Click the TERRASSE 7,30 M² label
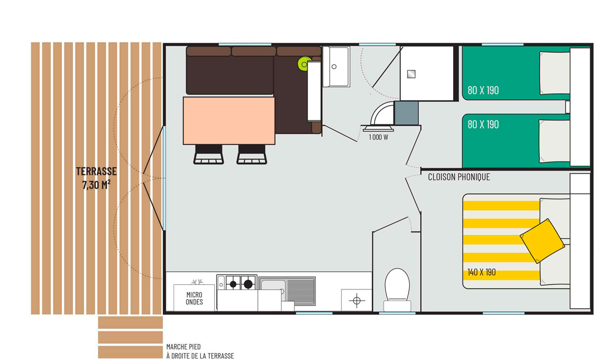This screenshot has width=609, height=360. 96,178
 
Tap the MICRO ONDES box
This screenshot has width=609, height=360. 194,298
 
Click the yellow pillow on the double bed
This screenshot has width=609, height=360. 542,241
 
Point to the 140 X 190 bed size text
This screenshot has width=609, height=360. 482,272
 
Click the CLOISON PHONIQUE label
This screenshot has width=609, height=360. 459,177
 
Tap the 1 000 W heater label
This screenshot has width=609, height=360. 379,137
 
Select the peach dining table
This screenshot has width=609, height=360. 229,121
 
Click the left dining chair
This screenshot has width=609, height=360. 209,154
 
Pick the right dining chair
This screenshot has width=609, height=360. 252,154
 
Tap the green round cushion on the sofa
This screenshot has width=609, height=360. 304,64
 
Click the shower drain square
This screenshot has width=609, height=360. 411,74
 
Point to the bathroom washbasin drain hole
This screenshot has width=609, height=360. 334,67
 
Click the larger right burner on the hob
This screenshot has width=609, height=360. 248,284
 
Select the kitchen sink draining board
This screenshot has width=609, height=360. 301,291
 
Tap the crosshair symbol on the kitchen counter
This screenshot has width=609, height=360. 357,301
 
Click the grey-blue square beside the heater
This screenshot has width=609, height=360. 407,113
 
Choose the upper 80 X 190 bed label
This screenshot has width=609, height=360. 483,90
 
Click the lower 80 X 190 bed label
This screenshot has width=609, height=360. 483,124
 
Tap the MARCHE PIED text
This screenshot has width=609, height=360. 184,347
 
